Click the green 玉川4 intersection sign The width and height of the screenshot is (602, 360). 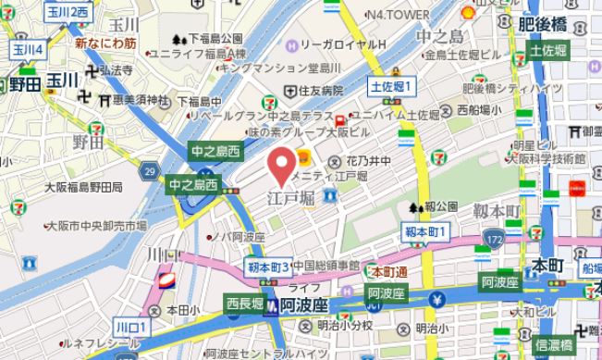click(26, 49)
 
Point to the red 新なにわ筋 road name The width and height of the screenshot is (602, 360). click(106, 43)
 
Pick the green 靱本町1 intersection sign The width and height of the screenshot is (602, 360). click(426, 230)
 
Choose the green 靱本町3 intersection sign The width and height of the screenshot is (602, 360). click(269, 267)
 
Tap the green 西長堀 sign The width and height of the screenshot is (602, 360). click(245, 303)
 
